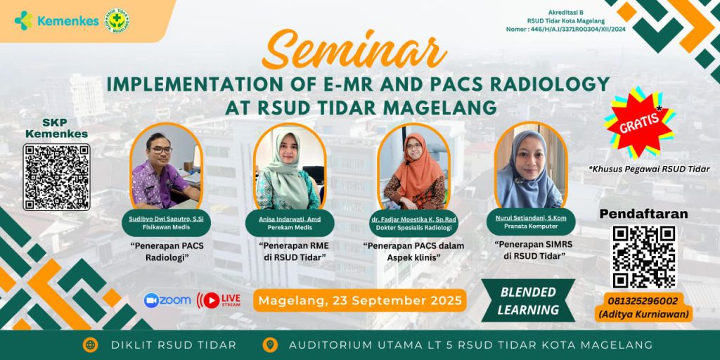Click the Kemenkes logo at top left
coord(57,20)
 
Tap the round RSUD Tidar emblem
coord(117,20)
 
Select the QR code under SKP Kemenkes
coord(57,176)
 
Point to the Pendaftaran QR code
coord(643,257)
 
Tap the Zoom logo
coord(167,300)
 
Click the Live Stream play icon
coord(210,300)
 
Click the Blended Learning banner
coord(528,301)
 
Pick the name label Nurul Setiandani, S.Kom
coord(531,219)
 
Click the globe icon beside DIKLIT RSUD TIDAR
coord(91,345)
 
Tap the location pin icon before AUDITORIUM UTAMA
coord(269,345)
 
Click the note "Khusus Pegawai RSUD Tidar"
coord(649,169)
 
